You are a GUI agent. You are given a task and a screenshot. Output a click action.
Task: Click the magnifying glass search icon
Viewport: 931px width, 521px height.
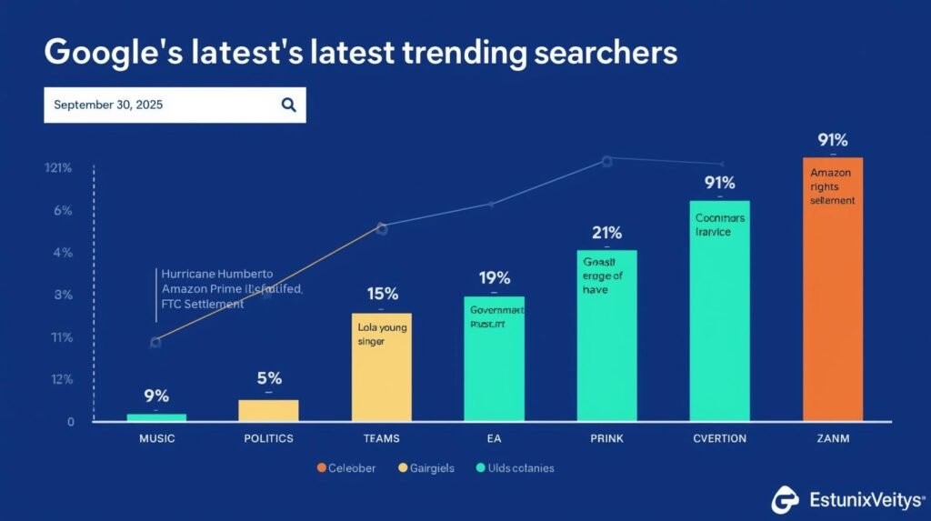point(288,105)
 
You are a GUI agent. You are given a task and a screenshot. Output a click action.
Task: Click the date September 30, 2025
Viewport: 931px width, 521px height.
point(108,105)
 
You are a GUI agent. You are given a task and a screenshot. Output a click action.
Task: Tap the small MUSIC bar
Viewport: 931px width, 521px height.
point(156,416)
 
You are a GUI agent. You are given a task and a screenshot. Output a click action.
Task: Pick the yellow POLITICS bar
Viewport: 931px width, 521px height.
point(268,410)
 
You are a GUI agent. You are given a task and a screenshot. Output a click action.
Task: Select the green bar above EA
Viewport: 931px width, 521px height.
point(494,358)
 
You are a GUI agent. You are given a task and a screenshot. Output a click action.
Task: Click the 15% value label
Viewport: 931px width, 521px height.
point(383,294)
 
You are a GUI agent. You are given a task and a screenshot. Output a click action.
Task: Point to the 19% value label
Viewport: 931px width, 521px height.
point(494,277)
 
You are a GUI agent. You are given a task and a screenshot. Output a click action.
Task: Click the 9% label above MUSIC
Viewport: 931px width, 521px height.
point(156,396)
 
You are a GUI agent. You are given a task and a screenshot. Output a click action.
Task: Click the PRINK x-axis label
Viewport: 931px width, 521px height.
point(606,438)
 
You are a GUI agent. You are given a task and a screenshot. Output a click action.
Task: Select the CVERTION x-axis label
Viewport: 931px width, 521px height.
point(719,438)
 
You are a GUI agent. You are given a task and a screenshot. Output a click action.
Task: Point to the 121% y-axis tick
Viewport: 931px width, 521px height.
point(57,168)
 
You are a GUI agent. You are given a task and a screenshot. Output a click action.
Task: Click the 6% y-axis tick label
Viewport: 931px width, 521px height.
point(63,210)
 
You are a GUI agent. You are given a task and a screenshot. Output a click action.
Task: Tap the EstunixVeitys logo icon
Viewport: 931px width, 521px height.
point(786,499)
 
